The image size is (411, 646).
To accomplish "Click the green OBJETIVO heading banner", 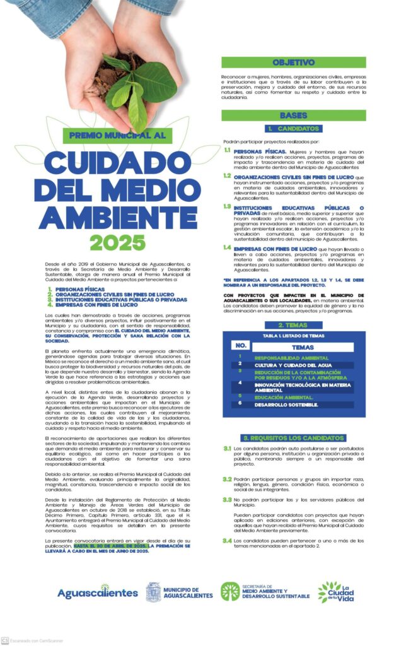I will pyautogui.click(x=293, y=62).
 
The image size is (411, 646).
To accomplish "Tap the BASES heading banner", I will pyautogui.click(x=293, y=115).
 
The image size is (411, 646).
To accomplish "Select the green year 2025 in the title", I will pyautogui.click(x=117, y=242).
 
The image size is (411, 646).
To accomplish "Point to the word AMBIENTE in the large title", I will pyautogui.click(x=118, y=217).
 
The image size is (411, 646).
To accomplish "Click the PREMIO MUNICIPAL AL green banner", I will pyautogui.click(x=117, y=134).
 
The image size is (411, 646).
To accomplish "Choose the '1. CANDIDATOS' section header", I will pyautogui.click(x=292, y=129).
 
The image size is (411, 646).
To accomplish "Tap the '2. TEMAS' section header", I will pyautogui.click(x=293, y=325).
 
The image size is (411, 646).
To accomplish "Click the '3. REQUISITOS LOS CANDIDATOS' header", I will pyautogui.click(x=293, y=438).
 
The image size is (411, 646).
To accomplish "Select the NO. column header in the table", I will pyautogui.click(x=241, y=346).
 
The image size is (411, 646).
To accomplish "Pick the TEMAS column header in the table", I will pyautogui.click(x=303, y=347).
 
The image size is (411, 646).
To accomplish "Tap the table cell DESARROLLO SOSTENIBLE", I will pyautogui.click(x=287, y=404).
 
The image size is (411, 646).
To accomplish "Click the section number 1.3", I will pyautogui.click(x=227, y=206).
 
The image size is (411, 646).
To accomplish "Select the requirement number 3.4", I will pyautogui.click(x=227, y=541).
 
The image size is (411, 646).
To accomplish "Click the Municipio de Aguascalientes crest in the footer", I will pyautogui.click(x=153, y=592).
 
